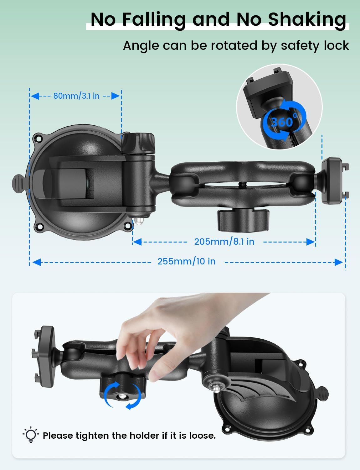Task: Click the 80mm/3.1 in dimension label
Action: [x=76, y=96]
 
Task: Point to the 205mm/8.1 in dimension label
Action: [x=224, y=242]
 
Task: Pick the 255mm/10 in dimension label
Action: [x=186, y=261]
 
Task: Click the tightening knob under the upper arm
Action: [x=243, y=220]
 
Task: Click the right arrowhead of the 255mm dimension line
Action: [x=339, y=262]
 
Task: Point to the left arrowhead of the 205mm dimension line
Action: [x=137, y=242]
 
